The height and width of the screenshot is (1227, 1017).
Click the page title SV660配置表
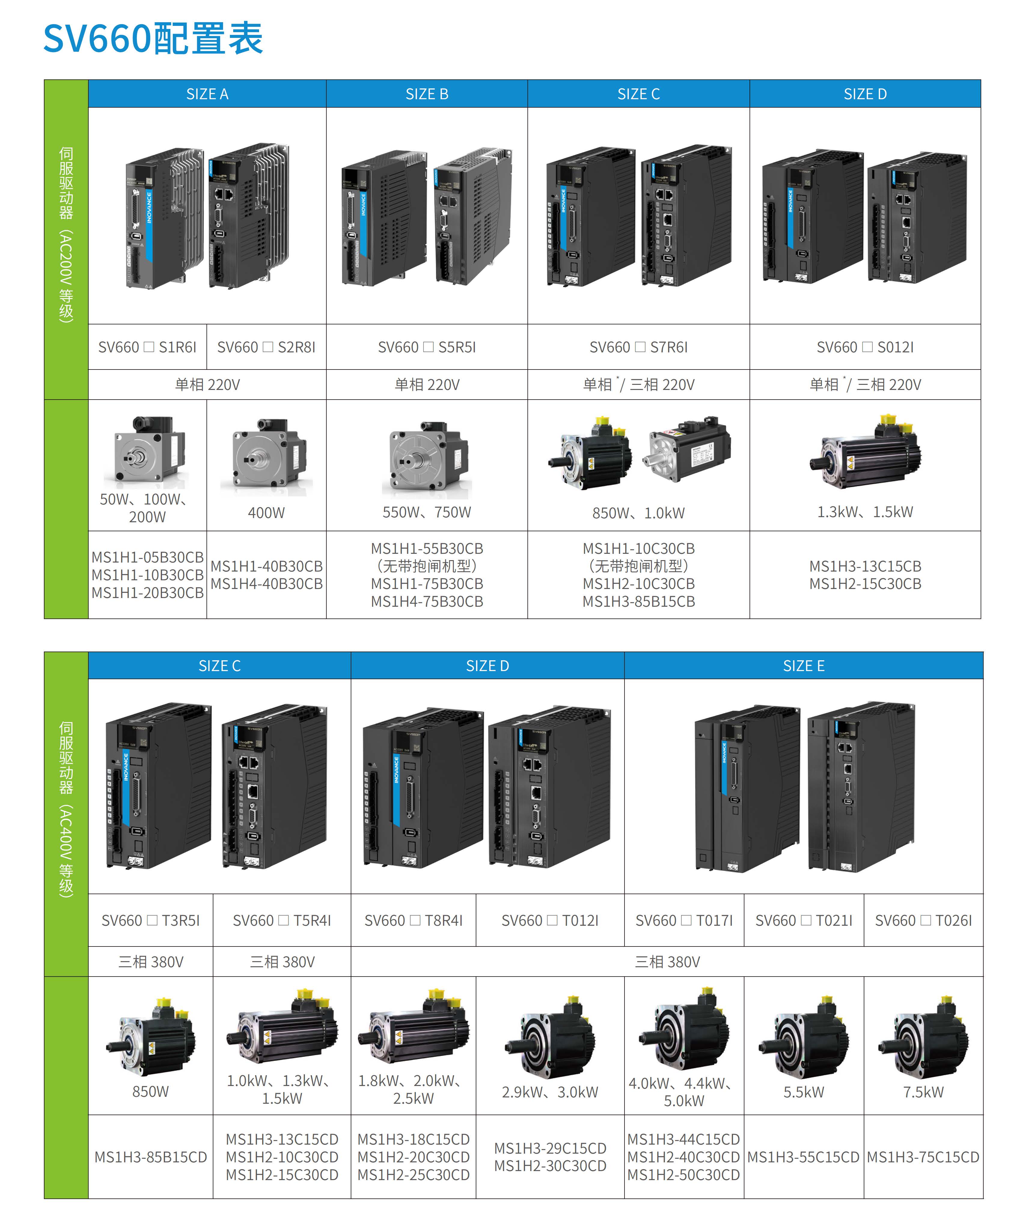pos(153,38)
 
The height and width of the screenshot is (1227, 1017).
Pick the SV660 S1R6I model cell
pos(147,347)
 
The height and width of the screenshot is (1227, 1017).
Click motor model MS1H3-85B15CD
pos(150,1157)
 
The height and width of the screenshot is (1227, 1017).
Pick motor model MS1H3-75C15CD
pos(923,1157)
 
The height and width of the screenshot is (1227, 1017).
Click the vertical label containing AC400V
pos(66,809)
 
